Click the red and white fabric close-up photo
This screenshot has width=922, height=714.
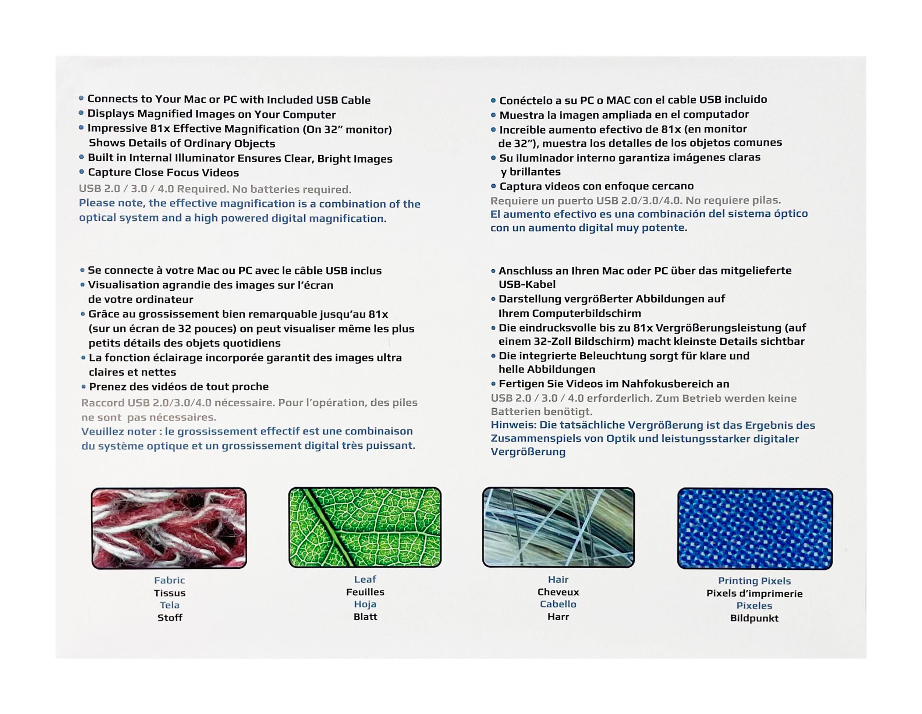[x=169, y=528]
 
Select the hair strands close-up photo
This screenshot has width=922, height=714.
[x=558, y=527]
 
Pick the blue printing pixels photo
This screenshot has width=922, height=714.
[x=755, y=528]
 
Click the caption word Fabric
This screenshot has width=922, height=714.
[x=169, y=580]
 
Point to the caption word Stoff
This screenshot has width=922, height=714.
[x=170, y=618]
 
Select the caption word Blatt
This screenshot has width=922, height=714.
[x=365, y=617]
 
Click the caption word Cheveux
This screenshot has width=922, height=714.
[x=558, y=592]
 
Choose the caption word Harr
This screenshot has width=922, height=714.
[x=558, y=617]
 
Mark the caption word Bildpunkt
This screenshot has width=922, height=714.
[x=754, y=618]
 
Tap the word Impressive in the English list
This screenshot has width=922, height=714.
[x=117, y=129]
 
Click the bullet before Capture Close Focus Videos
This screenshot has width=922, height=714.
[x=81, y=172]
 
